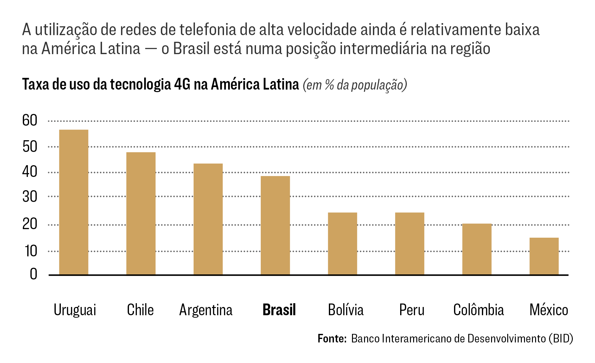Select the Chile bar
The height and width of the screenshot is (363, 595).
point(141,213)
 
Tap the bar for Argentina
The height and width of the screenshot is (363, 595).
point(208,219)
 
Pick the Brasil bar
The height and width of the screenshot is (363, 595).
point(275,225)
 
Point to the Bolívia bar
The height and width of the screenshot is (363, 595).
point(342,243)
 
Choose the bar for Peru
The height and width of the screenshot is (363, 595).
point(409,243)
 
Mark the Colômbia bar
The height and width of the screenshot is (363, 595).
point(477,249)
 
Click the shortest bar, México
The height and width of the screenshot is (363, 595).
point(544,256)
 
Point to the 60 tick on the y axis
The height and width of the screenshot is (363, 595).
point(30,121)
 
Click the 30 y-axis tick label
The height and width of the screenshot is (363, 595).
point(30,197)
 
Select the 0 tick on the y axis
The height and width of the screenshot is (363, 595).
point(33,274)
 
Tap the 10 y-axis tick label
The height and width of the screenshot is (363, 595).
point(31,251)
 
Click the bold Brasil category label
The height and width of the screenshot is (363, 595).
point(279,310)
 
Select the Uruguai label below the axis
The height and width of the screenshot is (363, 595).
point(75,310)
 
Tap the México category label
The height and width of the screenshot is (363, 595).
point(548,310)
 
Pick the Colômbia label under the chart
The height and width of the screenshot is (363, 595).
point(478,310)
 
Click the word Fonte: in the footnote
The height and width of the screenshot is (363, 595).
point(332,339)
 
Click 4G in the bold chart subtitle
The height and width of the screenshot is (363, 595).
point(182,84)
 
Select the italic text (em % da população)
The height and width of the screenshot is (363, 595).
point(355,85)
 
